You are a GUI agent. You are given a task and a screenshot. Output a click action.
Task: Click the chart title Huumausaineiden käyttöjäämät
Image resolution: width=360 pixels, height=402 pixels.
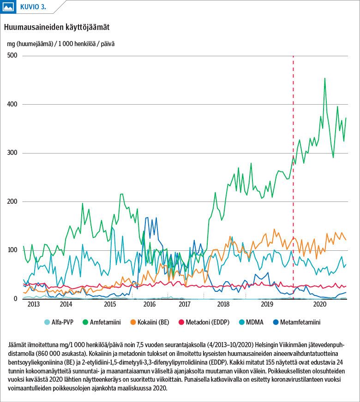pyautogui.click(x=57, y=28)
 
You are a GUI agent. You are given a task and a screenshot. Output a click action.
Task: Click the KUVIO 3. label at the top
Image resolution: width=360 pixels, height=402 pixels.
pyautogui.click(x=33, y=7)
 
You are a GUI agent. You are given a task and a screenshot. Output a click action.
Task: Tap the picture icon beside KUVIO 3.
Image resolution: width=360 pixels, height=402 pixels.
pyautogui.click(x=8, y=6)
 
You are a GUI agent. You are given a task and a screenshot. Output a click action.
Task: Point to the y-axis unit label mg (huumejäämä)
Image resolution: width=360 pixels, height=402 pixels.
pyautogui.click(x=30, y=44)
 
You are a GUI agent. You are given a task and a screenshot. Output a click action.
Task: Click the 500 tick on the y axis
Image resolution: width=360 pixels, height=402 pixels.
pyautogui.click(x=12, y=55)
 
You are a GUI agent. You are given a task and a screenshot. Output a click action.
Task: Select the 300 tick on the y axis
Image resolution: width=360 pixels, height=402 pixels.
pyautogui.click(x=12, y=153)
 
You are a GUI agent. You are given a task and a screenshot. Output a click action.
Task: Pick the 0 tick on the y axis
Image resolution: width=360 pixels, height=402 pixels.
pyautogui.click(x=15, y=299)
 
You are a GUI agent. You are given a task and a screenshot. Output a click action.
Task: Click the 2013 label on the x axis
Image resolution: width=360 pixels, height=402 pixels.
pyautogui.click(x=33, y=304)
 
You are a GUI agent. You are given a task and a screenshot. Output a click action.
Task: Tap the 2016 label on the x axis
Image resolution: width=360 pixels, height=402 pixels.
pyautogui.click(x=150, y=304)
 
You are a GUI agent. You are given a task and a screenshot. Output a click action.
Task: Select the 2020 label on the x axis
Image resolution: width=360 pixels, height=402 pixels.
pyautogui.click(x=320, y=304)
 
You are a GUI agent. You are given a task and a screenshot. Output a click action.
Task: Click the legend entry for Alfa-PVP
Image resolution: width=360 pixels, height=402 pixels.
pyautogui.click(x=59, y=322)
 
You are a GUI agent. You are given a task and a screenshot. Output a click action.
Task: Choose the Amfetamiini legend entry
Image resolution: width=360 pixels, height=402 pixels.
pyautogui.click(x=102, y=322)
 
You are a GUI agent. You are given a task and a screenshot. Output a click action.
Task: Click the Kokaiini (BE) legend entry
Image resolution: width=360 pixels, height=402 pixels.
pyautogui.click(x=150, y=322)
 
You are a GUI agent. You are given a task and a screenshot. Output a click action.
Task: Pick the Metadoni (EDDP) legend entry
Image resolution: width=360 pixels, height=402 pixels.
pyautogui.click(x=204, y=322)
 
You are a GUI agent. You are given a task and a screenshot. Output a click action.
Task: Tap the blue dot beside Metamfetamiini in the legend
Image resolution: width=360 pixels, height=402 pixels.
pyautogui.click(x=276, y=322)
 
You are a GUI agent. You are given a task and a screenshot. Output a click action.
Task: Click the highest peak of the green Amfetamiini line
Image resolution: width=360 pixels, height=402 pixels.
pyautogui.click(x=325, y=78)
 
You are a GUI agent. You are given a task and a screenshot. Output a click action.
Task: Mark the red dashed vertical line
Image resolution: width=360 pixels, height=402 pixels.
pyautogui.click(x=293, y=177)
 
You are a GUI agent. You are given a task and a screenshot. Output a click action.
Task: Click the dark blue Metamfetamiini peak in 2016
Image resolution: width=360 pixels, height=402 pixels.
pyautogui.click(x=147, y=218)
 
